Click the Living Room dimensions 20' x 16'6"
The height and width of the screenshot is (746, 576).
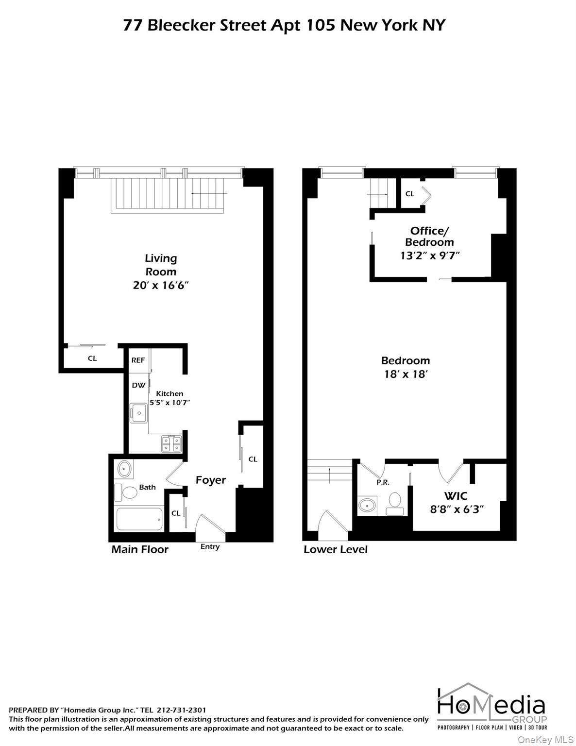tap(160, 285)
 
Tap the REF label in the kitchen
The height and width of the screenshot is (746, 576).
tap(138, 360)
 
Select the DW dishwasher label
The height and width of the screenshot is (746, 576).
tap(138, 385)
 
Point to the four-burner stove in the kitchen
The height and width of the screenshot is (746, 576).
tap(171, 443)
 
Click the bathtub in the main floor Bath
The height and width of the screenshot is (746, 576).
tap(139, 519)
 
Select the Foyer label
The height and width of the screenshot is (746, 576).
tap(211, 480)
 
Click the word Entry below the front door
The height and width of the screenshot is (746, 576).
tap(210, 547)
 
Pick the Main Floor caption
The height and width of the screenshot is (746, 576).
tap(140, 549)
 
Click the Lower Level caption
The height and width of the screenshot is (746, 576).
tap(336, 549)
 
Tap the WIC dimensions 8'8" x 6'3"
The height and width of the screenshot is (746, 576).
tap(457, 509)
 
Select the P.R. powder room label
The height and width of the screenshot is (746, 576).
tap(383, 482)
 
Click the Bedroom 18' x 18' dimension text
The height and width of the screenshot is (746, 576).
tap(406, 374)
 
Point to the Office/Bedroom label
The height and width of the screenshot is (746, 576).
tap(429, 237)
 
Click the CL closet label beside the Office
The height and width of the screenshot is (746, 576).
tap(410, 194)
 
